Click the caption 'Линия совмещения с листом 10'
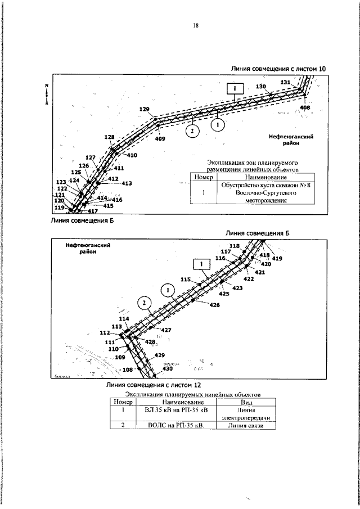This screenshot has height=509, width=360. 278,69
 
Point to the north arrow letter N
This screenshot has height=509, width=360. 47,85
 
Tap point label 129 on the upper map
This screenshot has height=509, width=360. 145,109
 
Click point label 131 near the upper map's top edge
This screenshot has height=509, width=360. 286,82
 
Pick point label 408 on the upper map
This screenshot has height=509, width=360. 305,107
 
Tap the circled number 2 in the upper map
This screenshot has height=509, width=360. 192,130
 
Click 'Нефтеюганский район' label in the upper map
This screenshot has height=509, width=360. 291,139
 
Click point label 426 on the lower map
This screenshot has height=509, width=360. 214,305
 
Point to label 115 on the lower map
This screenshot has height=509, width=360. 186,279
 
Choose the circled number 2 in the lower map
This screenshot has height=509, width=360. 145,303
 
